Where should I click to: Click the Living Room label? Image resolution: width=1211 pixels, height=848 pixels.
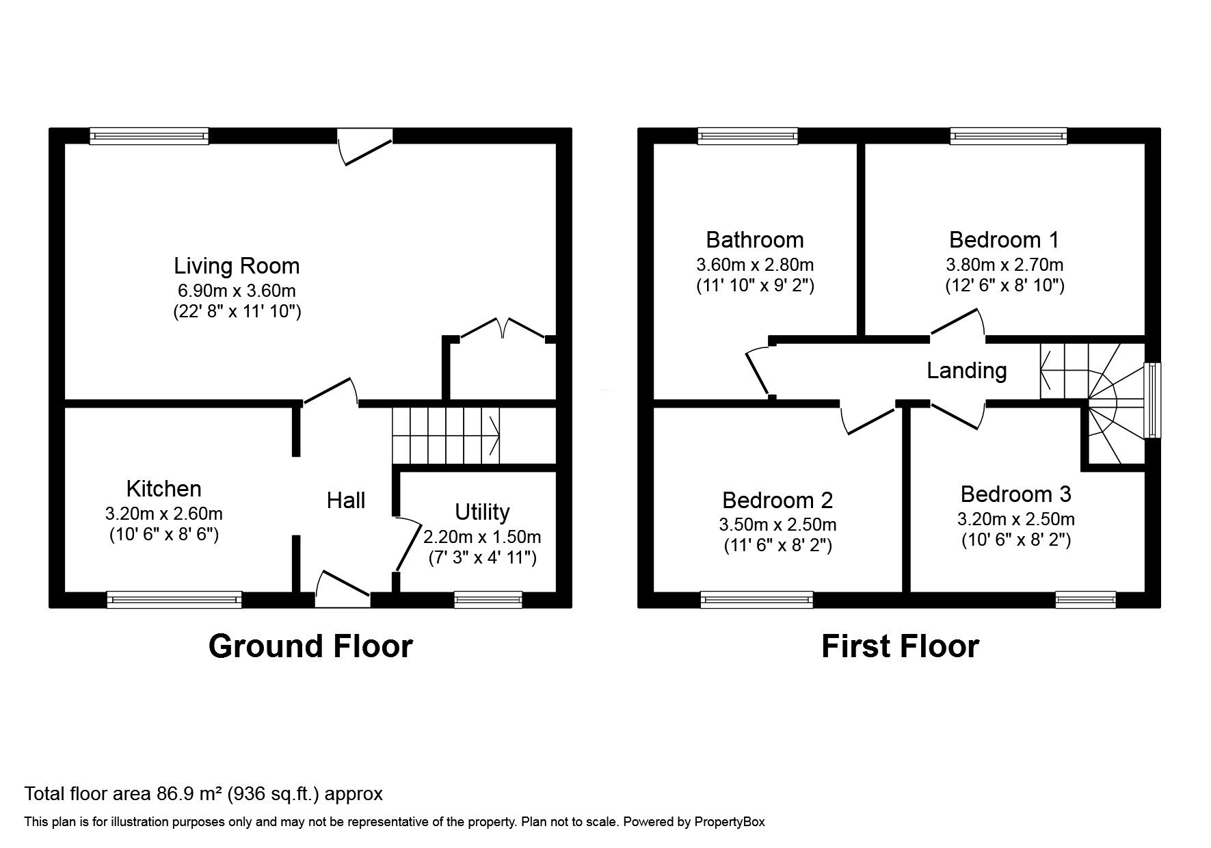[x=237, y=266]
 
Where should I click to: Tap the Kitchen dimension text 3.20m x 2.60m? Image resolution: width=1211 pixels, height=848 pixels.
[x=164, y=514]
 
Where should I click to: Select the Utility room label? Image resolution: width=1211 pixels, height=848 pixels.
[x=482, y=512]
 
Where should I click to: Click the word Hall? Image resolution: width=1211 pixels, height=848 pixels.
[x=345, y=501]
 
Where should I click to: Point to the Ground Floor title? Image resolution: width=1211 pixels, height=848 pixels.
[x=310, y=646]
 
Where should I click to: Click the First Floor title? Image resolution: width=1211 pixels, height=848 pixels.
[x=900, y=646]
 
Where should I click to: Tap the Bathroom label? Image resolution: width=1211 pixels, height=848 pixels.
[x=755, y=240]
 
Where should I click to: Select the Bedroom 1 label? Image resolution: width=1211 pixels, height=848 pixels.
[x=1004, y=240]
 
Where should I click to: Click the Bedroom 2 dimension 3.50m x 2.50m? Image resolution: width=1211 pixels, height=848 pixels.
[x=777, y=525]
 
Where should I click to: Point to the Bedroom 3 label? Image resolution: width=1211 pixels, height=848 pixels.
[x=1015, y=494]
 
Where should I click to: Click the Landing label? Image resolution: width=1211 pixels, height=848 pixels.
[x=966, y=371]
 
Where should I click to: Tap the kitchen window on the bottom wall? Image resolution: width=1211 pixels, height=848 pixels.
[x=174, y=600]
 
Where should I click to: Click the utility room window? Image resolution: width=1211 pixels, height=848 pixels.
[x=488, y=600]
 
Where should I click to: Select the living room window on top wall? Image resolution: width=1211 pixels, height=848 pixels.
[x=149, y=136]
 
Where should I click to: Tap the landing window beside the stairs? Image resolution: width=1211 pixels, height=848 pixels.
[x=1153, y=400]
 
